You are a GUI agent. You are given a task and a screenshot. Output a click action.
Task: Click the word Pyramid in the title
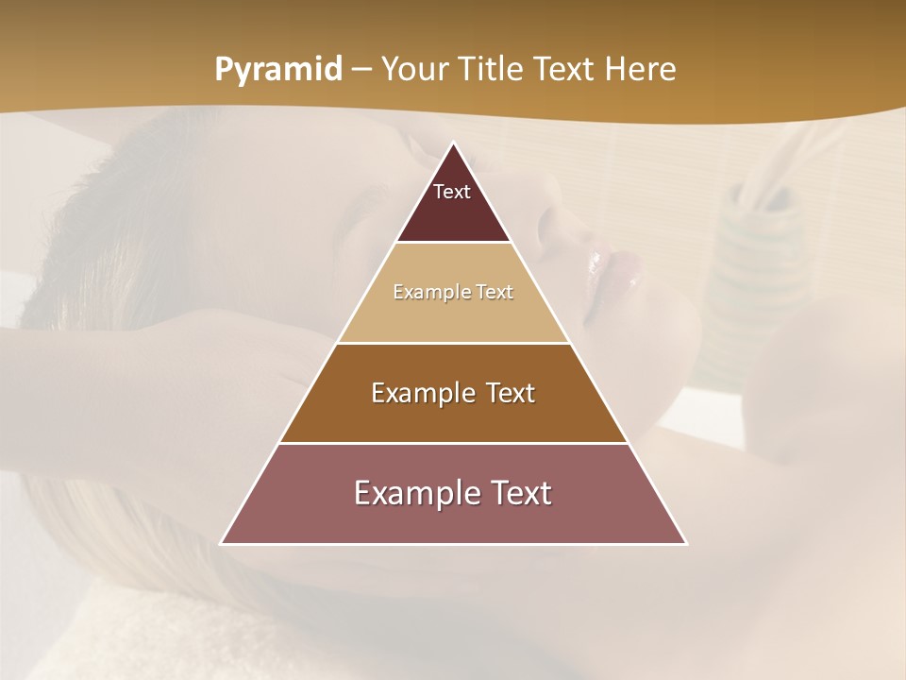pyautogui.click(x=277, y=70)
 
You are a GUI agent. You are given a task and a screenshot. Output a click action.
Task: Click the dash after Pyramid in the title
pyautogui.click(x=361, y=70)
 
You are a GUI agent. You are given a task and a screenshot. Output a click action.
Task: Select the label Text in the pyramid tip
pyautogui.click(x=452, y=192)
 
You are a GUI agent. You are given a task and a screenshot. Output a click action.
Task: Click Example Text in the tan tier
pyautogui.click(x=453, y=292)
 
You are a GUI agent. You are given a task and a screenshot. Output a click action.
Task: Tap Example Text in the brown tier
pyautogui.click(x=453, y=393)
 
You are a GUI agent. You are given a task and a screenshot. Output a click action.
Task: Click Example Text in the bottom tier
pyautogui.click(x=453, y=493)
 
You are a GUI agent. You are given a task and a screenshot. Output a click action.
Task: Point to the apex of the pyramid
pyautogui.click(x=454, y=144)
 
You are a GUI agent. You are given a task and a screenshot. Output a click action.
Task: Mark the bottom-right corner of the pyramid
pyautogui.click(x=685, y=543)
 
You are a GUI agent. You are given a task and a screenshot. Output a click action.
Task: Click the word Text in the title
pyautogui.click(x=564, y=70)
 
